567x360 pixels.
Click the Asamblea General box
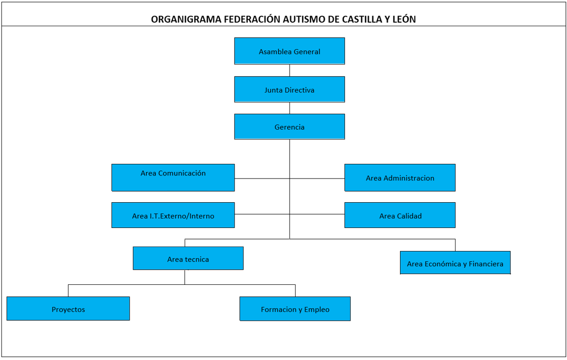pyautogui.click(x=290, y=51)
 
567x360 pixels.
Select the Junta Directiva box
pyautogui.click(x=290, y=90)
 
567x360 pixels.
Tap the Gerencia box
pyautogui.click(x=290, y=127)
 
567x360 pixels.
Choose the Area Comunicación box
pyautogui.click(x=173, y=177)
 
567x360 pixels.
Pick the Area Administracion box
pyautogui.click(x=400, y=177)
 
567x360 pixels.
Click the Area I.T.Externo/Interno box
pyautogui.click(x=173, y=215)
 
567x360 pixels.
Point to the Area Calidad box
pyautogui.click(x=400, y=215)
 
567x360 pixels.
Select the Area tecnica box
pyautogui.click(x=188, y=259)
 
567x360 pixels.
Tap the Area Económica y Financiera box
pyautogui.click(x=455, y=263)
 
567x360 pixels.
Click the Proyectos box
pyautogui.click(x=68, y=309)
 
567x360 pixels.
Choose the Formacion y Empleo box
pyautogui.click(x=295, y=309)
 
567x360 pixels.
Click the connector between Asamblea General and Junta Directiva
pyautogui.click(x=290, y=70)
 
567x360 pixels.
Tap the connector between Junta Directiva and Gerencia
pyautogui.click(x=290, y=108)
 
